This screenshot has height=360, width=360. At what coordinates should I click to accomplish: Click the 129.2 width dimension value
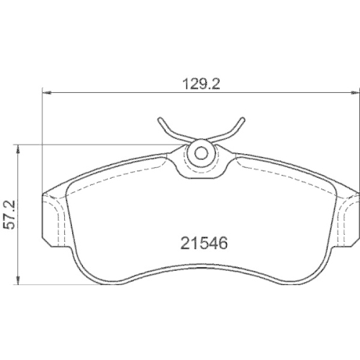pos(201,84)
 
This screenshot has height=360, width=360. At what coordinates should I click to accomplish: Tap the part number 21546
pos(204,243)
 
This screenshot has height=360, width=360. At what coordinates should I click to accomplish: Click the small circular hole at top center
pos(200,153)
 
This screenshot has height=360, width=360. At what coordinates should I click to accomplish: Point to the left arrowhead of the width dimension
pos(47,92)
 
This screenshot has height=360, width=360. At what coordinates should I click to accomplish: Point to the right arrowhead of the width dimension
pos(355,92)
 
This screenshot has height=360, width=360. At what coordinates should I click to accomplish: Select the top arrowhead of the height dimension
pos(18,149)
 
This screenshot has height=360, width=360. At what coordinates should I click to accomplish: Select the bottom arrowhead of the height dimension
pos(18,281)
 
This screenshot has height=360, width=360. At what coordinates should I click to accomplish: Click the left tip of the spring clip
pos(160,120)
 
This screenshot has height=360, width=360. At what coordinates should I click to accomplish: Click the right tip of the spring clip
pos(243,119)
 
